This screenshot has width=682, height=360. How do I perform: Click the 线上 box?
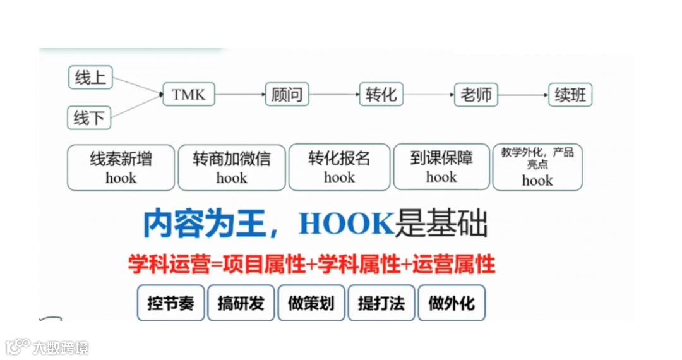pyautogui.click(x=90, y=78)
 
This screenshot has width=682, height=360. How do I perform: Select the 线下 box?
pyautogui.click(x=90, y=117)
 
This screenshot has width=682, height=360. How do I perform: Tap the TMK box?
pyautogui.click(x=188, y=95)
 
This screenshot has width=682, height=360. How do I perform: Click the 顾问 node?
pyautogui.click(x=287, y=95)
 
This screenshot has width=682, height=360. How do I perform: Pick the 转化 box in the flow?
pyautogui.click(x=381, y=95)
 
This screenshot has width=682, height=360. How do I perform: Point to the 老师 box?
pyautogui.click(x=476, y=95)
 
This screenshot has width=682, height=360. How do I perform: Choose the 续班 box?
pyautogui.click(x=570, y=95)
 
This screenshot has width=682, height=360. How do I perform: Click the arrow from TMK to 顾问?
pyautogui.click(x=239, y=95)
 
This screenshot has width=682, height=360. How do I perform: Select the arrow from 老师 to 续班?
pyautogui.click(x=523, y=95)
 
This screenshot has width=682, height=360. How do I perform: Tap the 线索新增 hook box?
pyautogui.click(x=121, y=167)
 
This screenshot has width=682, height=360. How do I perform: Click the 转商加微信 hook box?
pyautogui.click(x=231, y=167)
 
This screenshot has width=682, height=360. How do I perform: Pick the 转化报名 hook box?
pyautogui.click(x=339, y=167)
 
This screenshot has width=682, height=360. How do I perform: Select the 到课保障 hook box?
pyautogui.click(x=441, y=167)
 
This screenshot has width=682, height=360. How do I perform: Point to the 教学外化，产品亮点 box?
pyautogui.click(x=537, y=167)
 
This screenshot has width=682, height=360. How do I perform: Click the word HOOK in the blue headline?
pyautogui.click(x=346, y=224)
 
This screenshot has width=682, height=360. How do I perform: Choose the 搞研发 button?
pyautogui.click(x=241, y=303)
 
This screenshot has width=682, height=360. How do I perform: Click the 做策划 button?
pyautogui.click(x=311, y=303)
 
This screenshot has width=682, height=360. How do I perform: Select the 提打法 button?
pyautogui.click(x=381, y=303)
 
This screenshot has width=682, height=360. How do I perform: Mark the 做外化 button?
pyautogui.click(x=451, y=303)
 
